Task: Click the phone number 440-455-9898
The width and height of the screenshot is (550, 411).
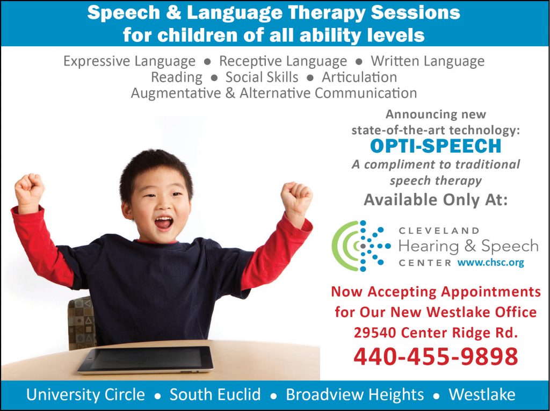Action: [436, 356]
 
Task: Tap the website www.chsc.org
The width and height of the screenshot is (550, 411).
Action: [491, 262]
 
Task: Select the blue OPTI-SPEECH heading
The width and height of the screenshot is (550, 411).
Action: [436, 146]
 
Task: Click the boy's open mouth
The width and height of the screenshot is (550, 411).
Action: [164, 222]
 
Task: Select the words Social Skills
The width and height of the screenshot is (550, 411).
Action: [262, 77]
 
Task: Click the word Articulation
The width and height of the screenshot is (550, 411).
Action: [359, 77]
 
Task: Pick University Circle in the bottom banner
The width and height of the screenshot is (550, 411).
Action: [85, 394]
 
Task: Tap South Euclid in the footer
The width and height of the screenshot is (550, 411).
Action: [215, 394]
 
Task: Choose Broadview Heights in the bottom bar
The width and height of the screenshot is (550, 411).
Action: [354, 394]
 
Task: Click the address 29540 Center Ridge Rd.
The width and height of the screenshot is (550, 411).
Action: [436, 333]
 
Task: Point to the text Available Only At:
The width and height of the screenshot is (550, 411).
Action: [436, 200]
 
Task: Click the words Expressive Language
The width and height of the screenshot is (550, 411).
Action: [129, 61]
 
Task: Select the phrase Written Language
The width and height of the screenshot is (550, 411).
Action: [428, 61]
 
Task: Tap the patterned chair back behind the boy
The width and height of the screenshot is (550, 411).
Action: [82, 323]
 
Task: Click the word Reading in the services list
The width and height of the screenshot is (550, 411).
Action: [176, 77]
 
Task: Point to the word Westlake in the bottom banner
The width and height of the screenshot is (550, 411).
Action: [482, 394]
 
